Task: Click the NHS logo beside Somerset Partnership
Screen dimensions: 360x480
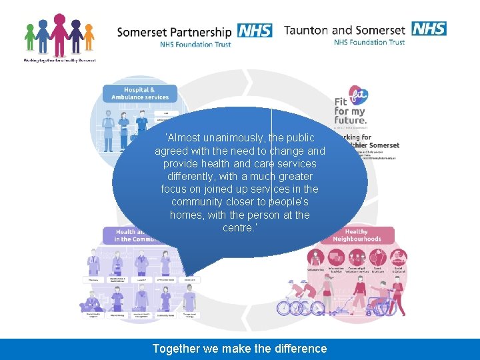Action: point(255,31)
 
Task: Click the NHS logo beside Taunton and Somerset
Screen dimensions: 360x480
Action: point(429,28)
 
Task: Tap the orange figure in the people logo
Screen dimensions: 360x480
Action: point(89,37)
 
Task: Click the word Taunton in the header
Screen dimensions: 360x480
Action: point(306,30)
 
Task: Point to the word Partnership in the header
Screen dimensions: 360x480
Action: point(201,32)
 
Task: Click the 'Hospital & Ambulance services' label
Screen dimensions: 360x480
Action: point(140,93)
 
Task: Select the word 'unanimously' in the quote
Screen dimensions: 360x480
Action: point(236,138)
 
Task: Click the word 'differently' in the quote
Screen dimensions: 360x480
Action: point(195,177)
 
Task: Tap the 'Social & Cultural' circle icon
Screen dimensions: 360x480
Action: point(399,257)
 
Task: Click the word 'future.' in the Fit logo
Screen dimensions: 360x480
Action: point(351,120)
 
